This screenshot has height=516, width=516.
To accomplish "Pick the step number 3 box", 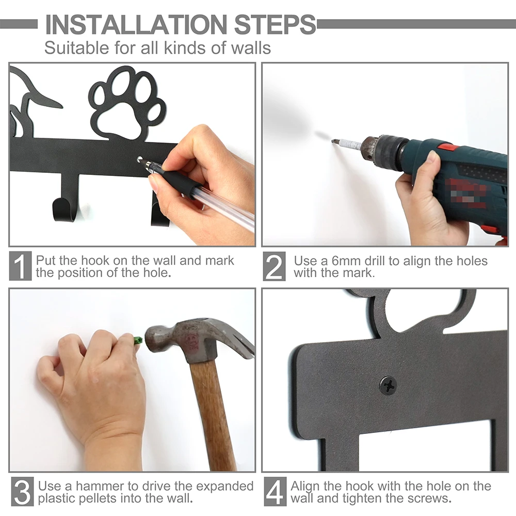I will [21, 492].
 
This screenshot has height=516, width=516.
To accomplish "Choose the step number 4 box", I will [275, 492].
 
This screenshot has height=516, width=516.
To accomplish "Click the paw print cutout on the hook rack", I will [127, 103].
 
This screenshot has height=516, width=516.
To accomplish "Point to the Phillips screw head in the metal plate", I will [388, 385].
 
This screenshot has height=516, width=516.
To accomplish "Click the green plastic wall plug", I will [138, 341].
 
